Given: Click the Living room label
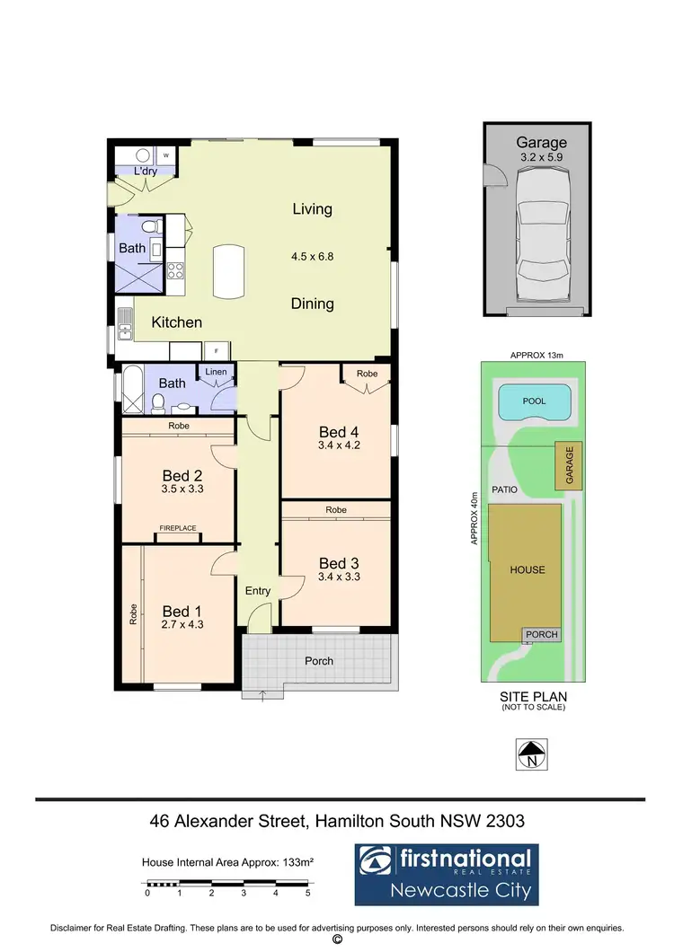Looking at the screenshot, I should [x=312, y=209].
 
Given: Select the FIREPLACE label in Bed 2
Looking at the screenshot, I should [x=178, y=529].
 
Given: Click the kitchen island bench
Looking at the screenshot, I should [x=228, y=272].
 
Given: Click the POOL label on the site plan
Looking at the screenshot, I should [x=534, y=401].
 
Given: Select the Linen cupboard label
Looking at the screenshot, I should [x=216, y=371].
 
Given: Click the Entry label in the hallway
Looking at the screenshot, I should [x=258, y=591].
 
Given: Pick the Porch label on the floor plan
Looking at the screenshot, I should [x=319, y=661].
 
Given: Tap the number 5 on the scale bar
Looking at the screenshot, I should [x=307, y=894].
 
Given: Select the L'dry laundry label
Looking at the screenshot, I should [x=145, y=171].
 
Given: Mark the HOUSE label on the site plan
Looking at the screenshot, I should [x=527, y=570].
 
